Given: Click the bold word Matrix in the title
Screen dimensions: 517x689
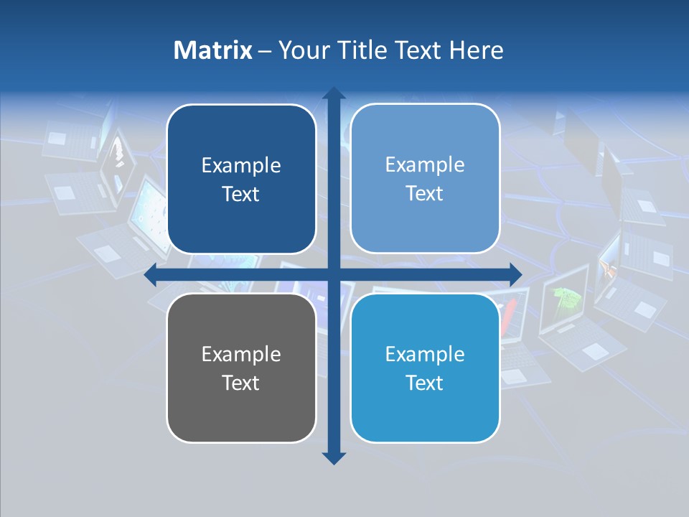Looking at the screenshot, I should [x=213, y=50].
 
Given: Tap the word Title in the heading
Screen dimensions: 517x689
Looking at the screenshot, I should [x=362, y=50].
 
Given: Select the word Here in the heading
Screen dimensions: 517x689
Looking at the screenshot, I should [x=476, y=50].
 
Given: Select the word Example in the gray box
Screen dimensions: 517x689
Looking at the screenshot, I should [x=241, y=354].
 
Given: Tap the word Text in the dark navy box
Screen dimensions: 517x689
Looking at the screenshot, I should [x=241, y=195].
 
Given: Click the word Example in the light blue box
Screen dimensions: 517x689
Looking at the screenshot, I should [x=425, y=165].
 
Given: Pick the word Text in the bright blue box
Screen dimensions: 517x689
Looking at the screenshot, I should [x=425, y=383].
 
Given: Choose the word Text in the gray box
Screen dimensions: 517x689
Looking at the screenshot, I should [x=241, y=383].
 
